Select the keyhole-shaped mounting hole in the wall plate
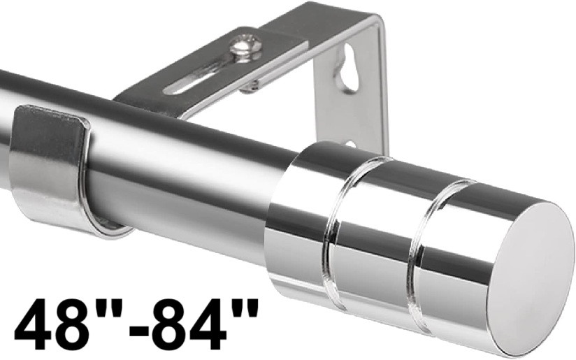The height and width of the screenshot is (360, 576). click(x=347, y=69)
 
